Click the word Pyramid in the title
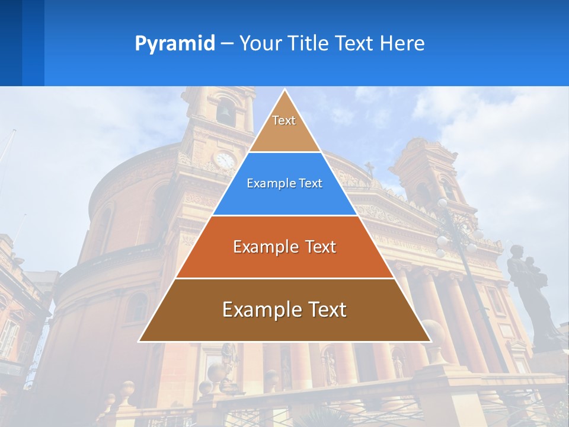click(x=175, y=44)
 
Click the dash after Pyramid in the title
click(x=227, y=44)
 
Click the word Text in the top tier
click(x=284, y=120)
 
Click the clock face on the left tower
click(x=225, y=160)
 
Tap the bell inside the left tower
click(x=225, y=113)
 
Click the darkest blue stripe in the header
click(x=11, y=43)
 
